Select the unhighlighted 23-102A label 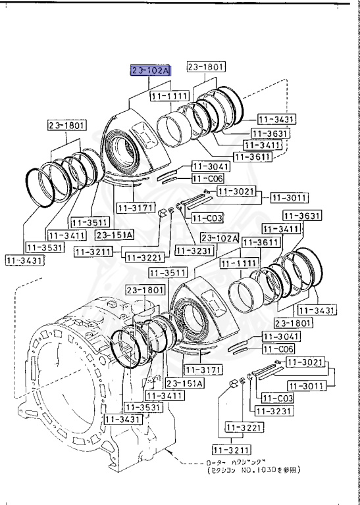tap(219, 237)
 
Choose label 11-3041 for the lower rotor tap(280, 336)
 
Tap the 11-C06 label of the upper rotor tap(207, 178)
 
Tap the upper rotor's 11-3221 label tap(140, 257)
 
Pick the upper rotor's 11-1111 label tap(169, 96)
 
